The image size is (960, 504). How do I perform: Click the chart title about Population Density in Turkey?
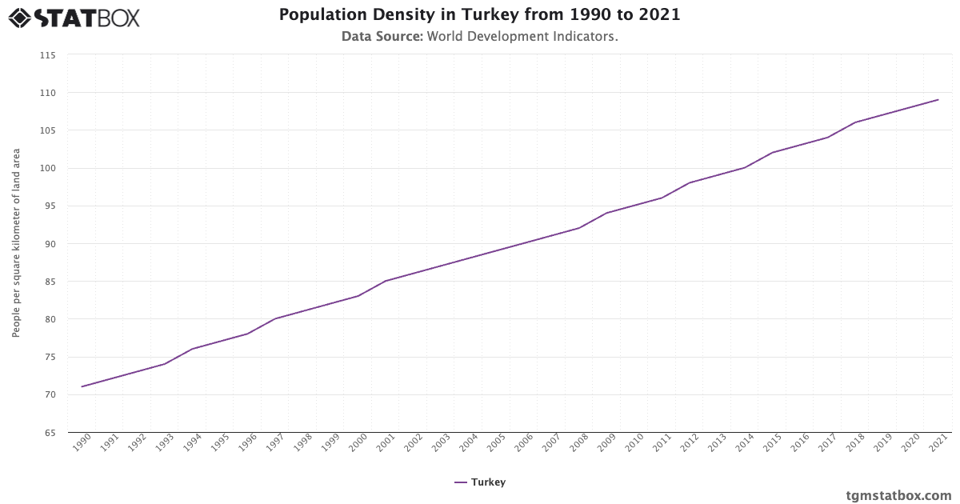pos(479,15)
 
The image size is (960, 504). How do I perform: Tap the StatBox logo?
pos(74,18)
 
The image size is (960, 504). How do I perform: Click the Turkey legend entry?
pos(480,482)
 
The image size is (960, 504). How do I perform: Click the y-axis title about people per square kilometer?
pos(16,243)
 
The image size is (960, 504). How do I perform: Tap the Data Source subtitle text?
pos(479,37)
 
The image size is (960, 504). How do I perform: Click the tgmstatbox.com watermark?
pos(898,495)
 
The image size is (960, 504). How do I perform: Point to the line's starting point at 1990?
pos(82,386)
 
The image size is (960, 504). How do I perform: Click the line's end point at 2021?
pos(938,100)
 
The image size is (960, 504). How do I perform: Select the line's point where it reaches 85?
pos(386,281)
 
